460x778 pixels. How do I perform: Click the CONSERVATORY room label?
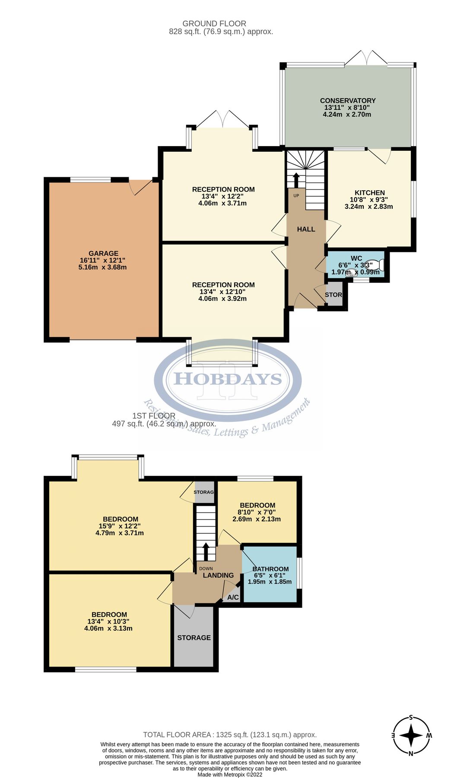(x=347, y=100)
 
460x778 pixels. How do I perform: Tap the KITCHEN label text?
(x=369, y=193)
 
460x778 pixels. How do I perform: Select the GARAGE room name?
(x=103, y=253)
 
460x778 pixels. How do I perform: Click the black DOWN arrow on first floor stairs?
(x=206, y=551)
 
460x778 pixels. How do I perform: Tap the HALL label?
(x=306, y=229)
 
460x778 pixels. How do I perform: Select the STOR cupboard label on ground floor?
(x=333, y=295)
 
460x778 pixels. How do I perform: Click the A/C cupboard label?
(x=233, y=597)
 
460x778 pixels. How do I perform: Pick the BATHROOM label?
(x=270, y=569)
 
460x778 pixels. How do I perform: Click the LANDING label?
(x=218, y=575)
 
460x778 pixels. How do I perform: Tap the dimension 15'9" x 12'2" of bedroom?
(x=120, y=526)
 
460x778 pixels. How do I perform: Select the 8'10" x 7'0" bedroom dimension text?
(x=257, y=512)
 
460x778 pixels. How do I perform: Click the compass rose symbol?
(x=411, y=735)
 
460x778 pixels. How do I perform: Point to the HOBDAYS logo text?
(x=228, y=379)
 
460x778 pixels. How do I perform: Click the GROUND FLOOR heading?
(x=214, y=24)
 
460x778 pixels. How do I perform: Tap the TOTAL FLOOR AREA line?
(x=230, y=734)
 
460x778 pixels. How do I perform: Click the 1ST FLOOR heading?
(x=154, y=416)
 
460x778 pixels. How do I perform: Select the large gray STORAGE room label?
(x=194, y=638)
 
